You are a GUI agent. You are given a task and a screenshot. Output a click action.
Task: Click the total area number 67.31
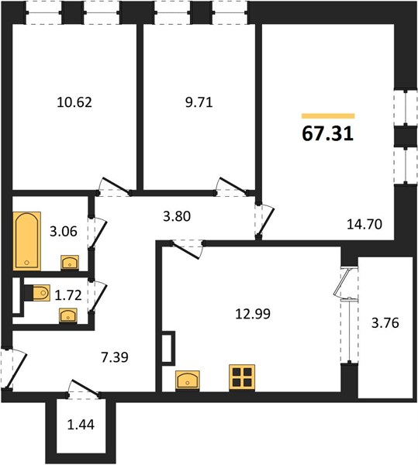click(328, 134)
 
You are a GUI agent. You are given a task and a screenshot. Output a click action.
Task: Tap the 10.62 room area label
click(74, 102)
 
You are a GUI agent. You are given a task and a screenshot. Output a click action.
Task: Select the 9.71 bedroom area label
click(199, 102)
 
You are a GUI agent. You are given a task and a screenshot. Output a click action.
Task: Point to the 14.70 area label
click(364, 224)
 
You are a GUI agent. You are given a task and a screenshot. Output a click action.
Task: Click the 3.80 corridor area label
click(177, 216)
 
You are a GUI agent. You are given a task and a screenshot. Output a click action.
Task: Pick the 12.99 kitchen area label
click(253, 314)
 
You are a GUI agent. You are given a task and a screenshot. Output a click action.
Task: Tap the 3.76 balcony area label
click(385, 322)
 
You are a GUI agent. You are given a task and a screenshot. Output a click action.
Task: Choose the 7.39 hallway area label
click(115, 357)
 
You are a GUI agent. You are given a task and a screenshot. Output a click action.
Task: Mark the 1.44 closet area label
click(81, 425)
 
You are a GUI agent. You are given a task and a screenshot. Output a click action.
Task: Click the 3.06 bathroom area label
click(64, 231)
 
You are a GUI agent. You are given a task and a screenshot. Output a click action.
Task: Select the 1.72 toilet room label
click(68, 295)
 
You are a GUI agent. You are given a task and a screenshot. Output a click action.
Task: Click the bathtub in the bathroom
click(26, 241)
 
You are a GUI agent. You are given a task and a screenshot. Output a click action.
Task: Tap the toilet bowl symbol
click(39, 293)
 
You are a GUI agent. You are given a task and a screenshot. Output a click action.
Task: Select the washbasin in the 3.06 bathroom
click(70, 263)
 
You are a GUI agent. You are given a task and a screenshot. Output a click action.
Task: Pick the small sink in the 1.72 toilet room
click(68, 315)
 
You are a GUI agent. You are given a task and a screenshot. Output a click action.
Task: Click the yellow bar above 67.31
click(328, 116)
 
